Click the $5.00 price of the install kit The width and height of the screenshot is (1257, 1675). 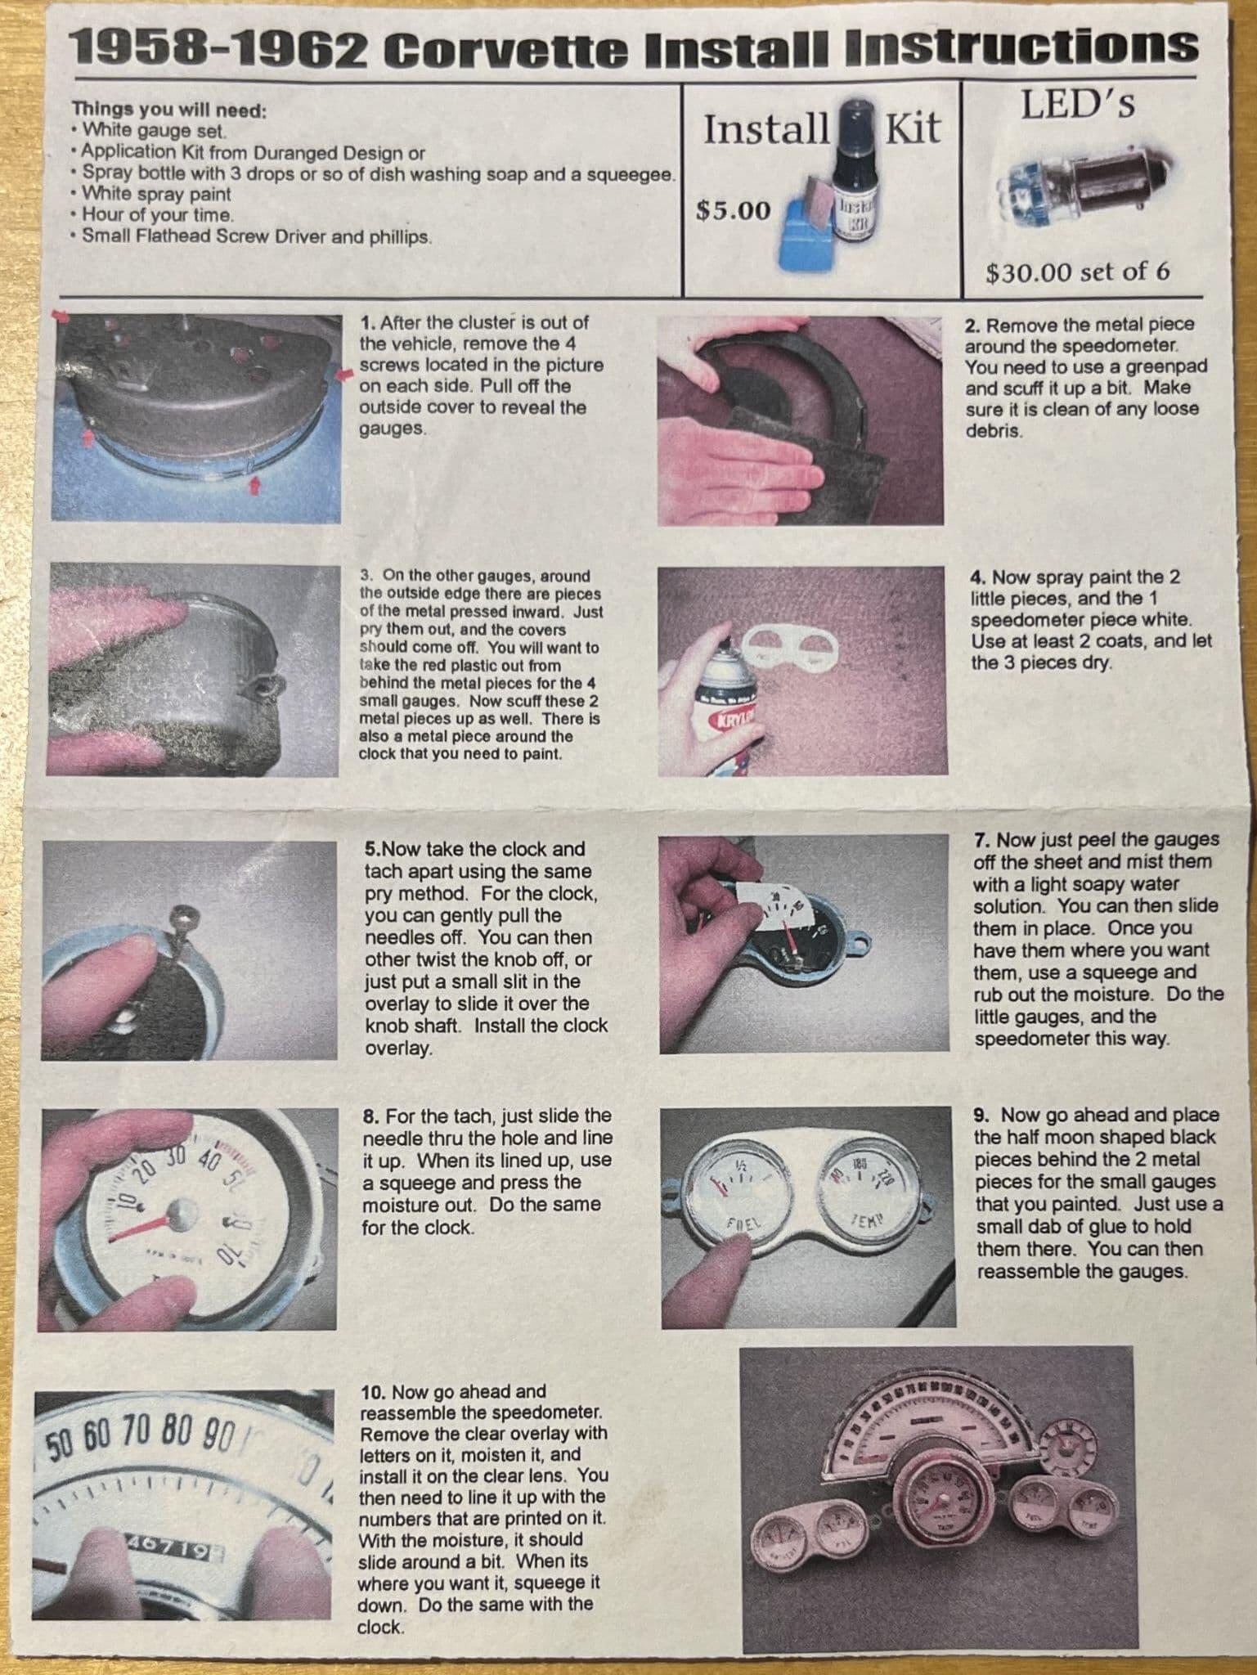click(733, 211)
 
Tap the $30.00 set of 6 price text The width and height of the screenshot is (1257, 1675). click(1078, 272)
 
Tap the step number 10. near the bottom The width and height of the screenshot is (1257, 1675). click(374, 1391)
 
